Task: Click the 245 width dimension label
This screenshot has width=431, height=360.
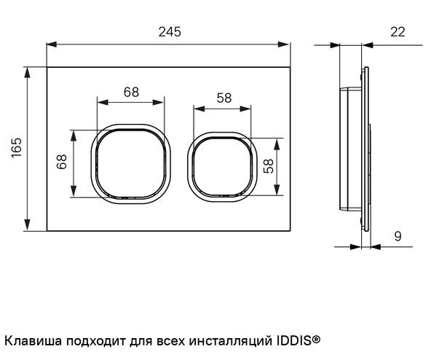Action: coord(170,32)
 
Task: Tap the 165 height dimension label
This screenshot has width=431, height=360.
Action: coord(17,147)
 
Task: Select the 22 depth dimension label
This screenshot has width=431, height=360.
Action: coord(398,32)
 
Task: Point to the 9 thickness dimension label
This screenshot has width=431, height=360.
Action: coord(398,236)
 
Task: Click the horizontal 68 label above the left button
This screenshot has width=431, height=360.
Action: coord(131,92)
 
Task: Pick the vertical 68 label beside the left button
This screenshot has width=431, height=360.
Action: coord(62,162)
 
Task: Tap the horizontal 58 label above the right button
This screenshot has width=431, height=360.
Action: coord(224,98)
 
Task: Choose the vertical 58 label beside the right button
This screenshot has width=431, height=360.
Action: coord(269,166)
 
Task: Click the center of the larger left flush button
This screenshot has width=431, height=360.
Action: coord(131,164)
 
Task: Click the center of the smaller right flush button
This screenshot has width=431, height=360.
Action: coord(222,167)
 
